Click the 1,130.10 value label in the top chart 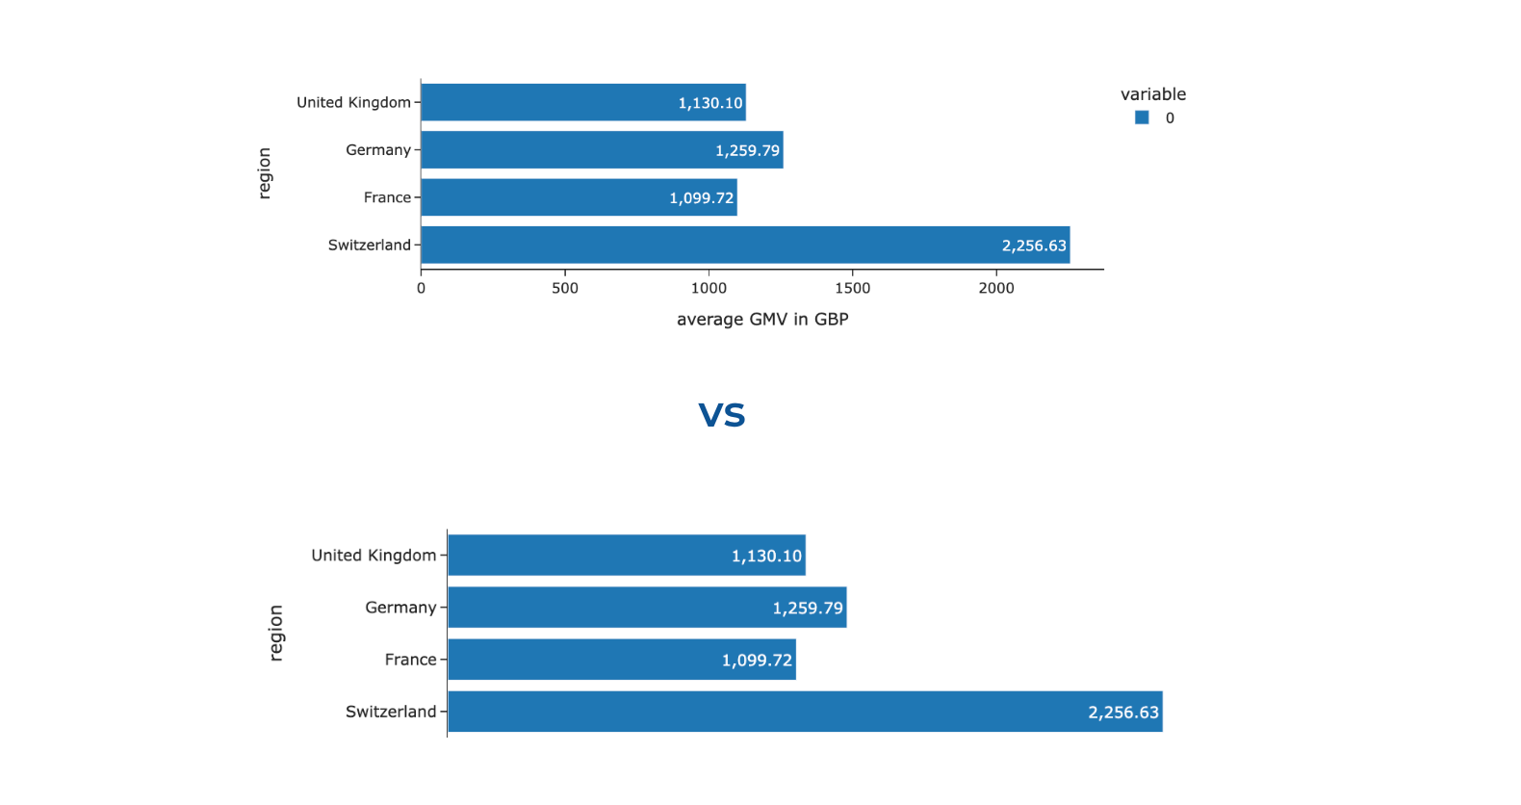[x=710, y=103]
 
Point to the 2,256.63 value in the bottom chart [x=1123, y=713]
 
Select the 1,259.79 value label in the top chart [x=747, y=150]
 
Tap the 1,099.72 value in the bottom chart [x=757, y=661]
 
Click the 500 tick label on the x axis [x=565, y=288]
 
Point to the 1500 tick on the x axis [x=852, y=288]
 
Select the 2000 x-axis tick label [x=996, y=288]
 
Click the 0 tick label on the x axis [x=421, y=288]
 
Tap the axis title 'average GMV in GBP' [x=762, y=320]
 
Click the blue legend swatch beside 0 [x=1142, y=117]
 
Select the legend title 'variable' [x=1153, y=94]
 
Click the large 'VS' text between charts [x=722, y=415]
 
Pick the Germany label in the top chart [x=378, y=150]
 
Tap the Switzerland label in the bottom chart [x=391, y=712]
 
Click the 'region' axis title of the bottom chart [x=276, y=633]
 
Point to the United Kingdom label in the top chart [x=353, y=103]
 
